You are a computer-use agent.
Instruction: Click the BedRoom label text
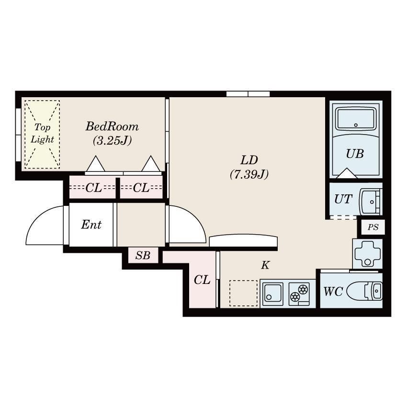(112, 126)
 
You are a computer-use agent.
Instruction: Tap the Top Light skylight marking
(42, 135)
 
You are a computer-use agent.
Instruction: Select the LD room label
(249, 160)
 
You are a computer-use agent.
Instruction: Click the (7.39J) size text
(249, 174)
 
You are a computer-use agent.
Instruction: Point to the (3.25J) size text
(112, 140)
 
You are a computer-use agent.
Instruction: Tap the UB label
(355, 154)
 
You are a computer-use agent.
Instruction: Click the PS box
(373, 227)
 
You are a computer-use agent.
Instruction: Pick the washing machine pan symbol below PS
(367, 254)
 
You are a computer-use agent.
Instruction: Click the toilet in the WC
(364, 291)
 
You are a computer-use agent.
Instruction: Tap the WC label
(333, 292)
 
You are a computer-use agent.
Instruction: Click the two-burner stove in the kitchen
(299, 294)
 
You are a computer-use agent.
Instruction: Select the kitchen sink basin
(272, 294)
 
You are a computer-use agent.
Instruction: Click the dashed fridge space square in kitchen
(243, 293)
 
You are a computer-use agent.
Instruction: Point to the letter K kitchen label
(265, 265)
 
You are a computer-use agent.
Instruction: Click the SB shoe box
(143, 255)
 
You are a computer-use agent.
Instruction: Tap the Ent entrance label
(91, 225)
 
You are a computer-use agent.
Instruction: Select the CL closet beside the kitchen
(202, 280)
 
